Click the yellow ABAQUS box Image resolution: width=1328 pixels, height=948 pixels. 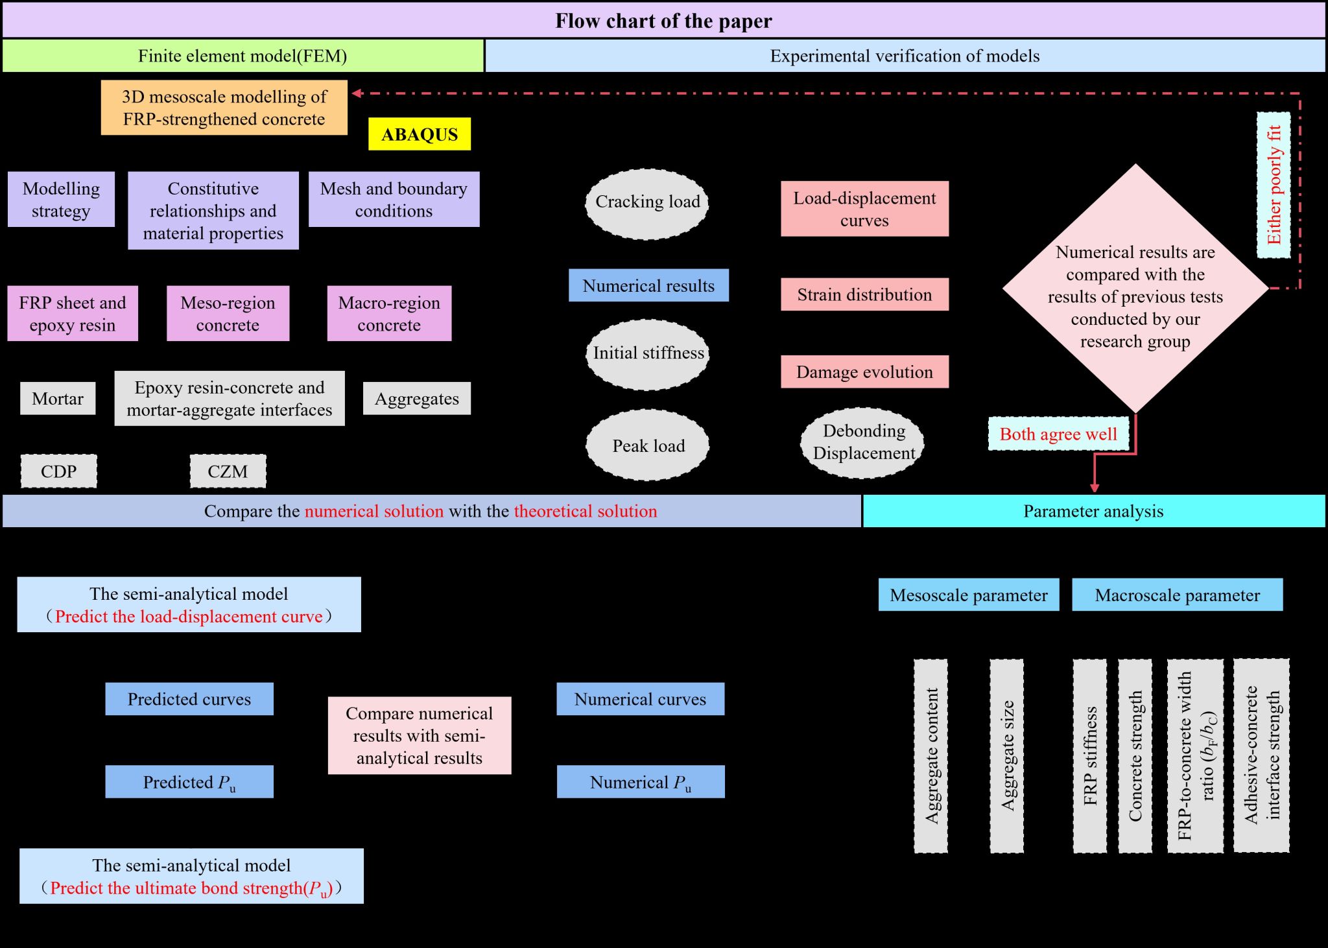[420, 134]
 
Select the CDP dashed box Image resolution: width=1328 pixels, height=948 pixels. [59, 471]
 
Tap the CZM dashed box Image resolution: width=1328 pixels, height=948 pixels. [228, 471]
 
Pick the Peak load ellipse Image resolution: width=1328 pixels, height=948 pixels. [648, 445]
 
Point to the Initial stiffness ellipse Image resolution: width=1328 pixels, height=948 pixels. [648, 354]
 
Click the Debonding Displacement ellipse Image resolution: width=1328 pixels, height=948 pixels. [863, 443]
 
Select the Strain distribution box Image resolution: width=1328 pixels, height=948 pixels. [864, 295]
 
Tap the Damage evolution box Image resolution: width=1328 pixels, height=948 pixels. [864, 372]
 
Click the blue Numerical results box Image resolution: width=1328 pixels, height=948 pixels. [648, 286]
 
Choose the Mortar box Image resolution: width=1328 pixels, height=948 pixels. [58, 398]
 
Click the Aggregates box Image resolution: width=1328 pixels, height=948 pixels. [417, 399]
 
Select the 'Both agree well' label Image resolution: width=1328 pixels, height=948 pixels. [1058, 434]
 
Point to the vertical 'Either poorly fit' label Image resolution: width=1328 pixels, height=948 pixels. [1274, 185]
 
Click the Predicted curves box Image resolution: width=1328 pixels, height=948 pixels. [189, 699]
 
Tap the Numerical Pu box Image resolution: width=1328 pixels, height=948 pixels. [641, 782]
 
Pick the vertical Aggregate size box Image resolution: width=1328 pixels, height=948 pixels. [1007, 755]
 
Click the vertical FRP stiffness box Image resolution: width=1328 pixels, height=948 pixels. [1090, 755]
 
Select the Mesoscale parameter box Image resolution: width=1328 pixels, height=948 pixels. [969, 595]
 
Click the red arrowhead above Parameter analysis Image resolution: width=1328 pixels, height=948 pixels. [1095, 488]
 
